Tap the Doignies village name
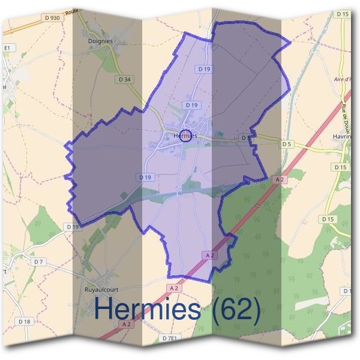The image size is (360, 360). coord(99,41)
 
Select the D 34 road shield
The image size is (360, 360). coord(125,79)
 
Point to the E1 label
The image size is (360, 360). coord(8,48)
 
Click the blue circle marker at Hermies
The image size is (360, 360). coord(185,135)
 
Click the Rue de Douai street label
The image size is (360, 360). coord(346,112)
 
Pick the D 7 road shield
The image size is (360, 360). coord(39,262)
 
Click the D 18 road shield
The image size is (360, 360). coord(24,322)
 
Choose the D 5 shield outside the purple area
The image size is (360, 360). coord(286,144)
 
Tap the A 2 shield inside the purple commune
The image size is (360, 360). coord(210,255)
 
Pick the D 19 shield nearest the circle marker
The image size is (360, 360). coord(191,105)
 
